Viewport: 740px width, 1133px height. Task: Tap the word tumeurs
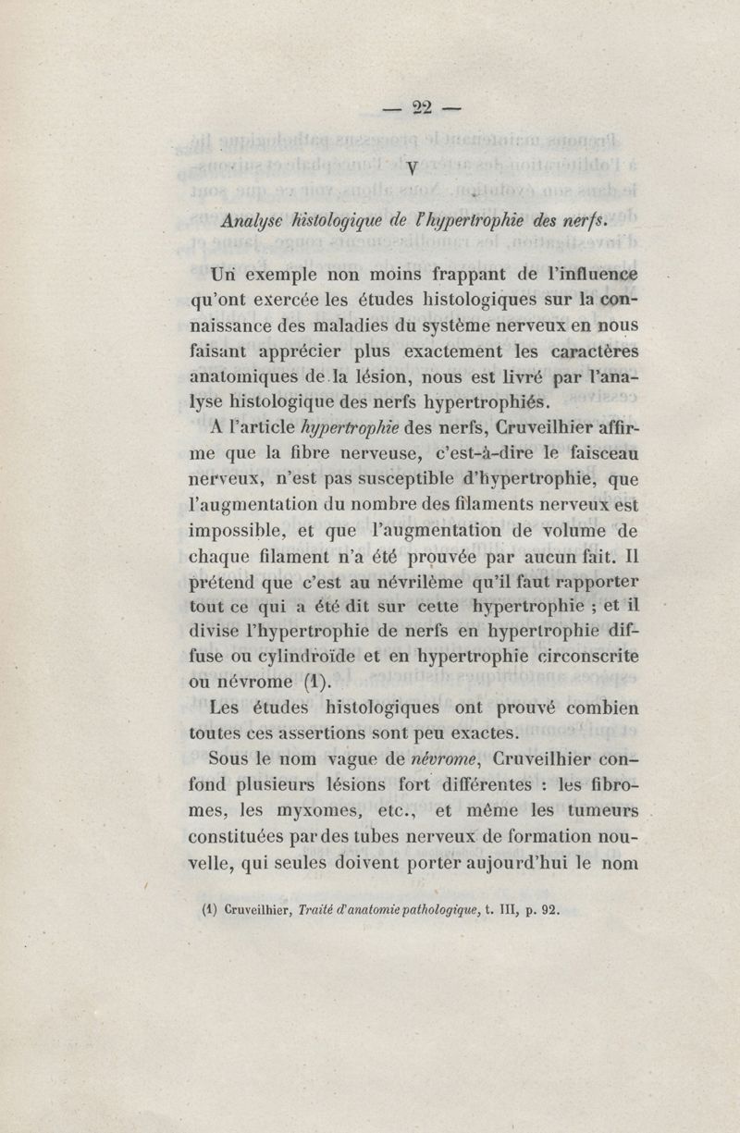[601, 811]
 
